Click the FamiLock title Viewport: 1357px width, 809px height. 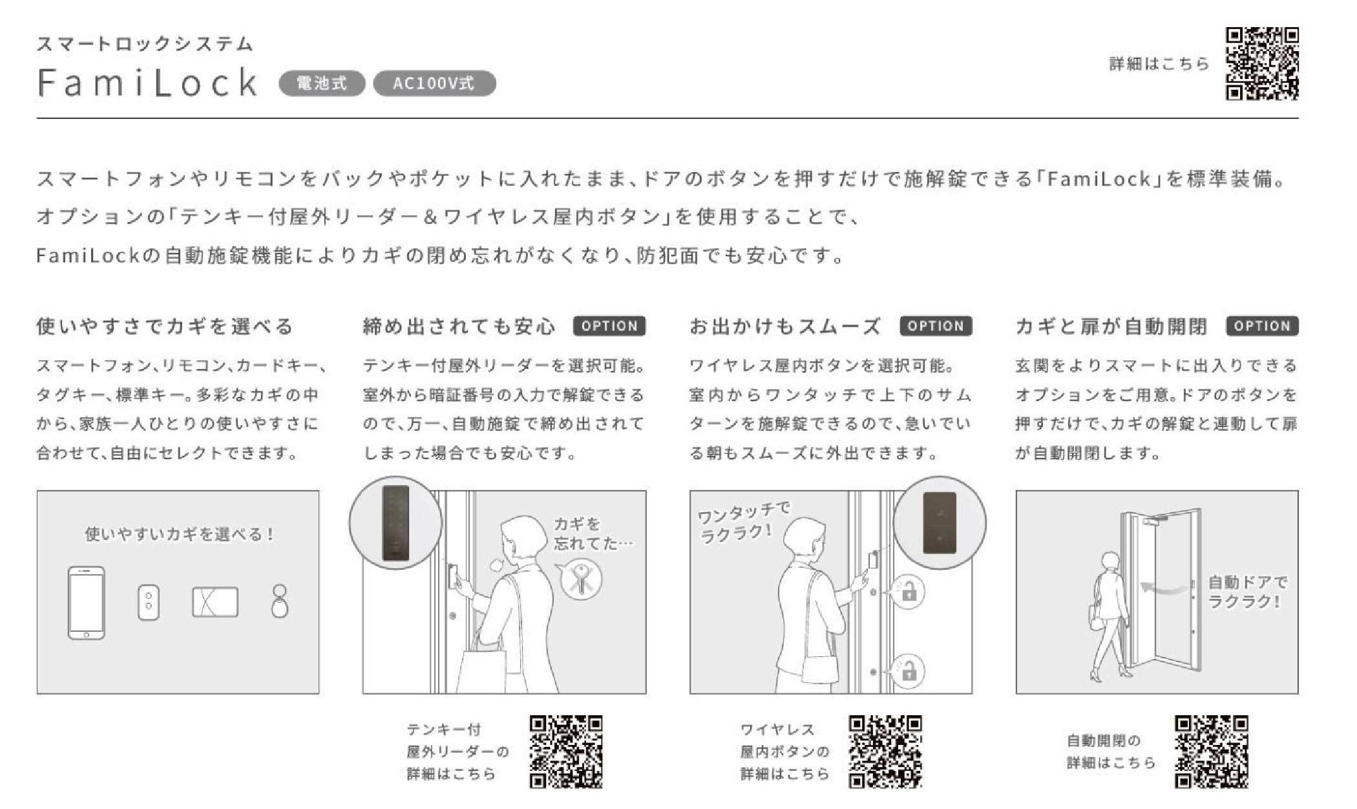tap(148, 82)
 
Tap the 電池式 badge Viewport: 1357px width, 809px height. tap(322, 83)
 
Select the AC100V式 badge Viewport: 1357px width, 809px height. tap(434, 83)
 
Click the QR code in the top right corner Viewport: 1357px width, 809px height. tap(1262, 63)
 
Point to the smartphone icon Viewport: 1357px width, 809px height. tap(86, 603)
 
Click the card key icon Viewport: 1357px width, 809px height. tap(215, 602)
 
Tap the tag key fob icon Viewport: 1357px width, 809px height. tap(280, 601)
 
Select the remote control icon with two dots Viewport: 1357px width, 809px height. tap(149, 603)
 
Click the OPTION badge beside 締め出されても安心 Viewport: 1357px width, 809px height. tap(609, 326)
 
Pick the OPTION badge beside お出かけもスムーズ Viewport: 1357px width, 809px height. tap(936, 326)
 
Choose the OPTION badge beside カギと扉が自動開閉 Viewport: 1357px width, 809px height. tap(1262, 326)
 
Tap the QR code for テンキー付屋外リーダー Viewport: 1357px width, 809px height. tap(566, 751)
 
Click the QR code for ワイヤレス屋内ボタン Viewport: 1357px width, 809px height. tap(885, 751)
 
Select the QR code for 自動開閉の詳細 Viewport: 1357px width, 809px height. tap(1211, 751)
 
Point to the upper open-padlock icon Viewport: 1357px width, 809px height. tap(909, 591)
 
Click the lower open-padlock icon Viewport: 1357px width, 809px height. tap(909, 671)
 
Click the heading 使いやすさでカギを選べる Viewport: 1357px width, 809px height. tap(165, 327)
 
